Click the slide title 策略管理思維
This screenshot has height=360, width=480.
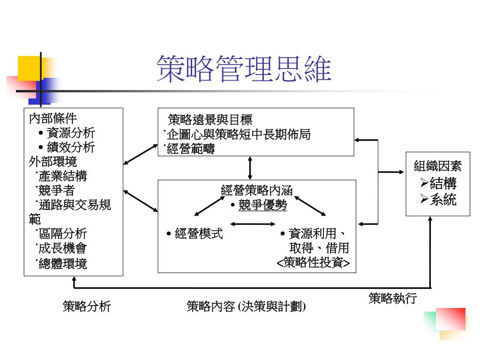[244, 69]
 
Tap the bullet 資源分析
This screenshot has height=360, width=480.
[71, 133]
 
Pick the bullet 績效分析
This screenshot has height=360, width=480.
[71, 147]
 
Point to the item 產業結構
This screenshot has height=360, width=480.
[63, 176]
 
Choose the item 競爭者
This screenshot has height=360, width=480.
[57, 191]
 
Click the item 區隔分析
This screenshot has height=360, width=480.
[63, 234]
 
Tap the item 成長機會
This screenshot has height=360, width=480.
[63, 248]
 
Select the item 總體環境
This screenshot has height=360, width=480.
[63, 263]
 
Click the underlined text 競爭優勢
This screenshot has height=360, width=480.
[262, 205]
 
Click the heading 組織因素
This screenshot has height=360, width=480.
[438, 166]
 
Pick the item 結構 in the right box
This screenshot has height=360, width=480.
[443, 183]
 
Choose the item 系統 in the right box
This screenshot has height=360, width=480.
[443, 200]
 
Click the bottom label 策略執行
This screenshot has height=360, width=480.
[392, 299]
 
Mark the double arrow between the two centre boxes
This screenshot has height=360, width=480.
[250, 168]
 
